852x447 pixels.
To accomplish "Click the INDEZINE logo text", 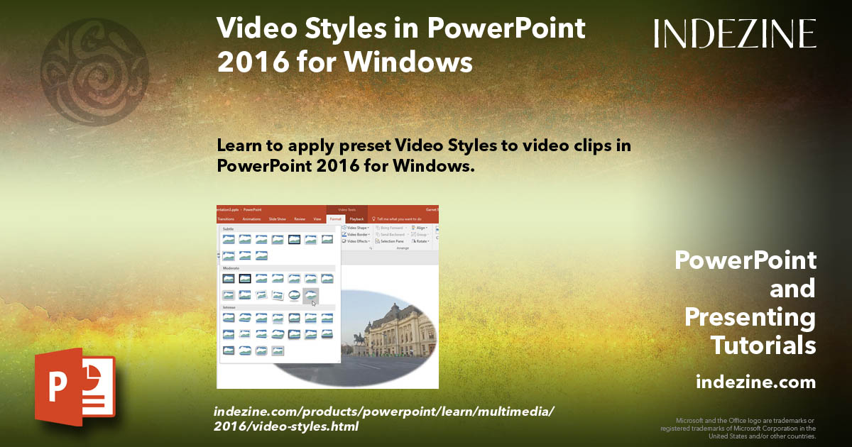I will (735, 33).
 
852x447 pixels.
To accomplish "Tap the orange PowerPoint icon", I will (74, 386).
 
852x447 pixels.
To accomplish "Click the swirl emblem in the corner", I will (94, 72).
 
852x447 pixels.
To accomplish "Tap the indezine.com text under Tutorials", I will (755, 382).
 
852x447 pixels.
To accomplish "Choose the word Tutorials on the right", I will (763, 345).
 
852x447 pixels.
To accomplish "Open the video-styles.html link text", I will (286, 426).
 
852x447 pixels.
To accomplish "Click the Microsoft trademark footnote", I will (738, 428).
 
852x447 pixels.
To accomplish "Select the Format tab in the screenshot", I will (336, 219).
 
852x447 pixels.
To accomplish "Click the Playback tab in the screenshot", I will (356, 219).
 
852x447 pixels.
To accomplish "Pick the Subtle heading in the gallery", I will (228, 229).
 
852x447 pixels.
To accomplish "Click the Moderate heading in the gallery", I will (231, 269).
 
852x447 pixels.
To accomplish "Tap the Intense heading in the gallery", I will (229, 307).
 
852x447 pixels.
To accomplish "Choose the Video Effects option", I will (356, 241).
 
